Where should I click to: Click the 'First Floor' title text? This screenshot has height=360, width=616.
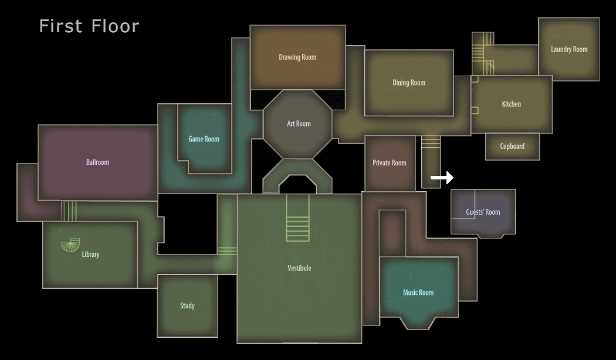[89, 26]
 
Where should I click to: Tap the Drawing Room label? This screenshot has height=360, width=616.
[297, 57]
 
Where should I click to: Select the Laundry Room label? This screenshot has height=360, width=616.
[569, 49]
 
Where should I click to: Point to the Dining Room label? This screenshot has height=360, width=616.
[408, 83]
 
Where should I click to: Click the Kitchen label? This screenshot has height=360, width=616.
[511, 104]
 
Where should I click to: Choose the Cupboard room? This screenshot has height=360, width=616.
[512, 147]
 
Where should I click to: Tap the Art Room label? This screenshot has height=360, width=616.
[299, 124]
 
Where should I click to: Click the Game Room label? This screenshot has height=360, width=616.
[204, 139]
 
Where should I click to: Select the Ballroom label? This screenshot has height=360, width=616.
[97, 162]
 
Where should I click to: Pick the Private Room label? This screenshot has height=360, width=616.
[390, 163]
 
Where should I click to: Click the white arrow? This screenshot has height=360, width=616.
[442, 178]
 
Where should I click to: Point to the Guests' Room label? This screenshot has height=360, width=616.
[483, 212]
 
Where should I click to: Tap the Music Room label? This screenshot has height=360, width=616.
[418, 293]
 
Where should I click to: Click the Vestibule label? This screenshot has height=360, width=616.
[299, 268]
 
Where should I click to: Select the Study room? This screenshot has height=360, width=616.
[187, 306]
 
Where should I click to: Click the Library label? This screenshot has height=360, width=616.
[90, 254]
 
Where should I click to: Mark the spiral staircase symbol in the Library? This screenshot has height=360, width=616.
[71, 244]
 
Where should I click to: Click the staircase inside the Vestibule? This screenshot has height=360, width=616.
[298, 218]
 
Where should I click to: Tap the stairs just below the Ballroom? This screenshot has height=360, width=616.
[69, 211]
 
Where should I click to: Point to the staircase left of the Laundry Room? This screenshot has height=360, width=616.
[483, 54]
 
